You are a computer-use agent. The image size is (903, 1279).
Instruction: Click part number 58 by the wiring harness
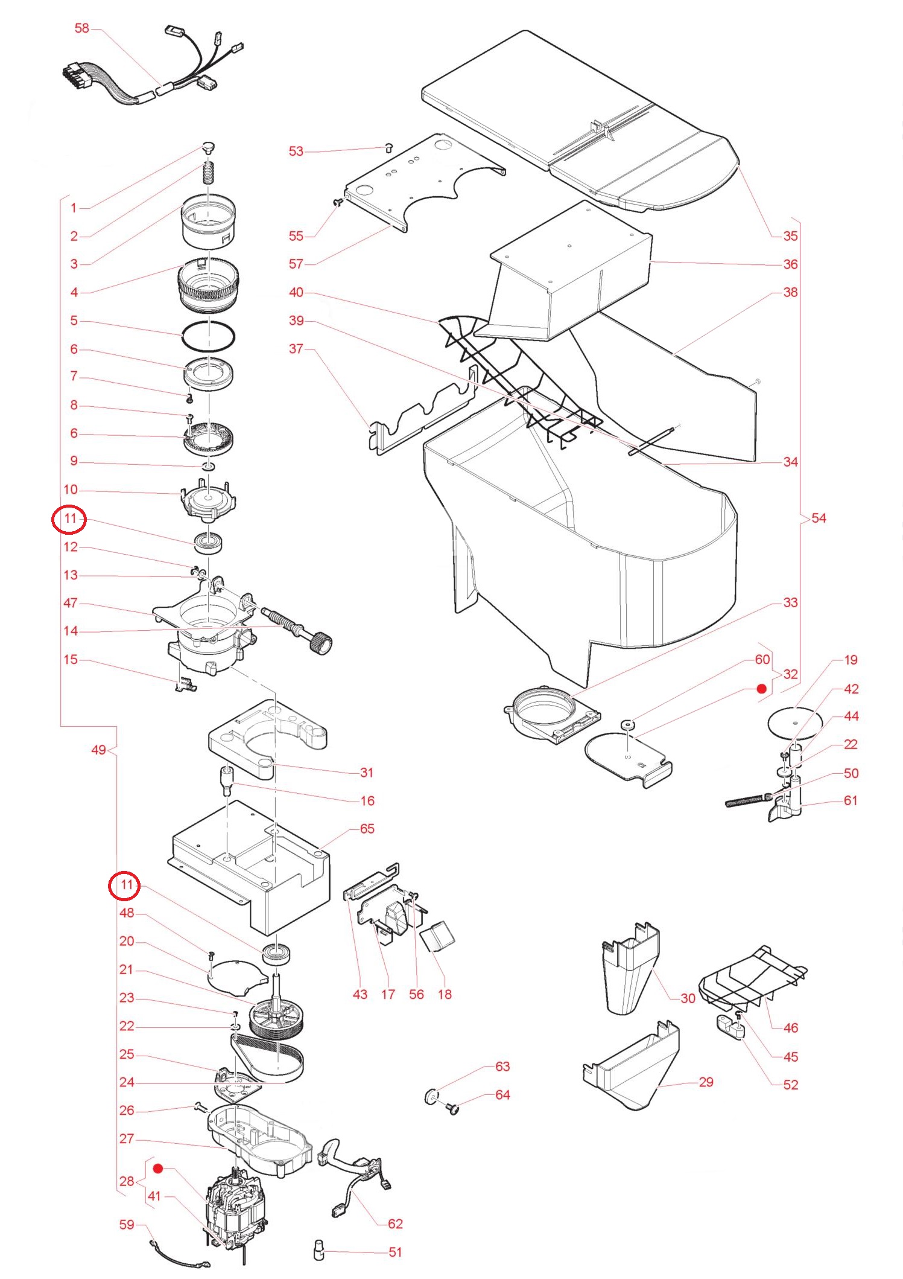point(81,28)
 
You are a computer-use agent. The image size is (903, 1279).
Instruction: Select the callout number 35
point(790,236)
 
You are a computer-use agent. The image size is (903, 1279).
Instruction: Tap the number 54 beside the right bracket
point(819,518)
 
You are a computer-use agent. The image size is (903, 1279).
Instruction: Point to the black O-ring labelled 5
point(208,336)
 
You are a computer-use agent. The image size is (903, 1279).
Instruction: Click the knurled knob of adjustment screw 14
point(320,642)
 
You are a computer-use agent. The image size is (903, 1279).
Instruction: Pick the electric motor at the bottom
point(235,1207)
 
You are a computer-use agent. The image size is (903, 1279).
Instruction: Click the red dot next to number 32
point(762,689)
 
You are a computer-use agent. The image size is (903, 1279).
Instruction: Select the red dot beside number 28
point(158,1169)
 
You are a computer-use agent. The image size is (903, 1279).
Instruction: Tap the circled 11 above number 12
point(69,518)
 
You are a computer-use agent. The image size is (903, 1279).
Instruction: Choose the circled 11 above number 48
point(125,885)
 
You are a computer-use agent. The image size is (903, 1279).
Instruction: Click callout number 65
point(367,829)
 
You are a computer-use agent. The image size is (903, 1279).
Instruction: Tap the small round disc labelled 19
point(794,722)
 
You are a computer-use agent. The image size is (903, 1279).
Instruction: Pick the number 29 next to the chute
point(706,1082)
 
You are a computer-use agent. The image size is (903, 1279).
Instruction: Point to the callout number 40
point(296,292)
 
